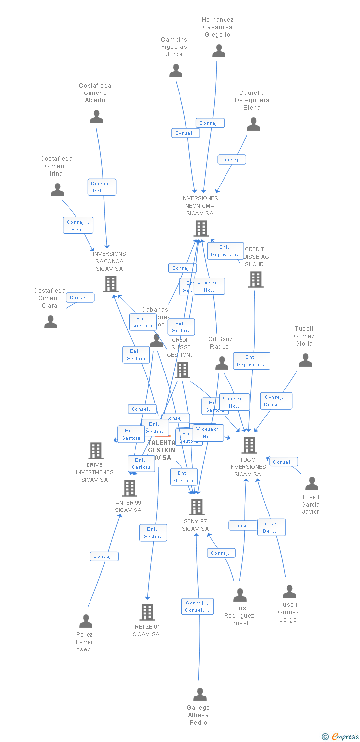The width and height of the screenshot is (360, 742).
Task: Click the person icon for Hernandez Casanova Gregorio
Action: click(219, 51)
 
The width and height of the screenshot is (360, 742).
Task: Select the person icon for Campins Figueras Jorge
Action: click(176, 71)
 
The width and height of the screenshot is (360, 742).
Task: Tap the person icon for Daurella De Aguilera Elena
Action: click(253, 124)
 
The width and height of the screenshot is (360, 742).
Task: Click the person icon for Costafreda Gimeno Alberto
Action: click(96, 117)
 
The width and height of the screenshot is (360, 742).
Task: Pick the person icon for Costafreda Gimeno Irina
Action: click(58, 190)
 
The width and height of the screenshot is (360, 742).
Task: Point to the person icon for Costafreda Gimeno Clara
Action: click(50, 322)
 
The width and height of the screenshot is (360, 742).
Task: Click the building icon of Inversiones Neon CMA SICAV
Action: click(201, 229)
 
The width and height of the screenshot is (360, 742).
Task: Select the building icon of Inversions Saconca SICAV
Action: click(110, 284)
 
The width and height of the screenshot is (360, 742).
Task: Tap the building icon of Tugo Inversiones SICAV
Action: click(249, 445)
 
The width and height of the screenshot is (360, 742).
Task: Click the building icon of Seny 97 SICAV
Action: click(196, 507)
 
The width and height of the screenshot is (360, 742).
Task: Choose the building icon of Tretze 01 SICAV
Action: click(147, 612)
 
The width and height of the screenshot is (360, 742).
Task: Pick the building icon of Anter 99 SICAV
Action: click(129, 488)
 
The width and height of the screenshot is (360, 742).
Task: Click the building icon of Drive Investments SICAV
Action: click(96, 451)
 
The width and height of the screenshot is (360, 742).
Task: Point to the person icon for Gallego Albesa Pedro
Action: click(200, 695)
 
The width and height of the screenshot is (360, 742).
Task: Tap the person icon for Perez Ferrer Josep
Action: click(86, 621)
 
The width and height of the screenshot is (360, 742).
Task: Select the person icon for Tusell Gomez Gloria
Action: click(305, 360)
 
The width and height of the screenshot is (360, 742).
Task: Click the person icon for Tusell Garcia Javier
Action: click(312, 483)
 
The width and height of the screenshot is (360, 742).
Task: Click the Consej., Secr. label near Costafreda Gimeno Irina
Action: click(78, 226)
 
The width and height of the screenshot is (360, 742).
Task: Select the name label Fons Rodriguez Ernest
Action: click(239, 616)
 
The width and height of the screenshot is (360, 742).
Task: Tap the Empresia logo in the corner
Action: click(341, 737)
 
